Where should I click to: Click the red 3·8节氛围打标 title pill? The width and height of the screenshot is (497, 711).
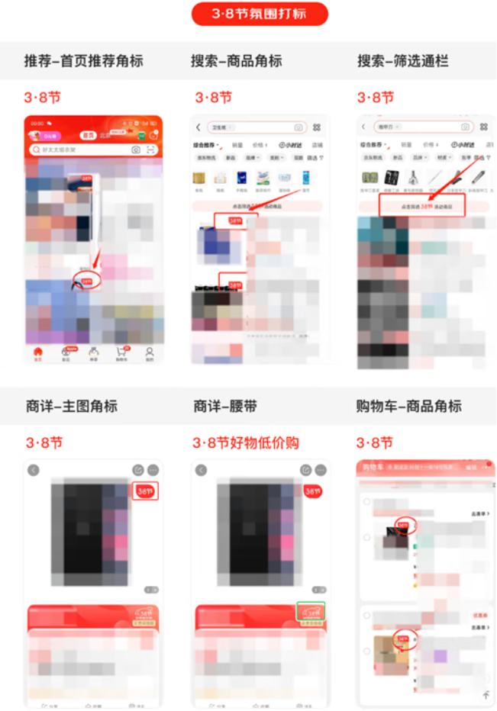[x=260, y=14]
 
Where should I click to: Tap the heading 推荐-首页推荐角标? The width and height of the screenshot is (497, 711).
[x=84, y=61]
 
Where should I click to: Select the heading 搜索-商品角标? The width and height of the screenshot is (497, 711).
[x=237, y=61]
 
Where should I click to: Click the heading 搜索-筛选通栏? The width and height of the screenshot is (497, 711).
[x=403, y=61]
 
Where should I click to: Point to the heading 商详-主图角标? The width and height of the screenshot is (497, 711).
[x=72, y=406]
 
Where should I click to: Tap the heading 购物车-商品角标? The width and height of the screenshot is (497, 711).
[x=409, y=406]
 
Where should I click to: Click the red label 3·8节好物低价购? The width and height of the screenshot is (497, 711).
[x=245, y=442]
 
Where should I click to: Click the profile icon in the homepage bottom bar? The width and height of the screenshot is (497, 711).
[x=150, y=352]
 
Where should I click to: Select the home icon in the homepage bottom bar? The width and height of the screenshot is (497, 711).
[x=38, y=352]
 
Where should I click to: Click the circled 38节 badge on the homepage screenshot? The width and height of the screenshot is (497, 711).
[x=86, y=281]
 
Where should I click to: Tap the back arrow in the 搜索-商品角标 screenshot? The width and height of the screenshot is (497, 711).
[x=198, y=127]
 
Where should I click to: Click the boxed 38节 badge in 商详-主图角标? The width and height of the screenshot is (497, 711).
[x=145, y=492]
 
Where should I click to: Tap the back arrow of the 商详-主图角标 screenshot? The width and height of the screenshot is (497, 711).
[x=34, y=470]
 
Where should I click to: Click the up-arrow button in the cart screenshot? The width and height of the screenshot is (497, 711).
[x=486, y=694]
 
